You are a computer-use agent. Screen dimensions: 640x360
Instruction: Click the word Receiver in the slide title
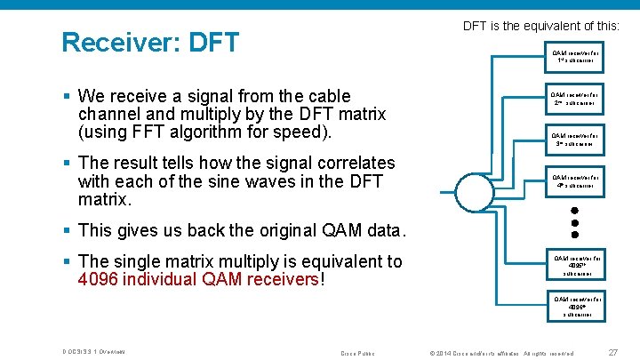coord(120,42)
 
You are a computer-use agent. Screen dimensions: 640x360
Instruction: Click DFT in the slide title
coord(214,42)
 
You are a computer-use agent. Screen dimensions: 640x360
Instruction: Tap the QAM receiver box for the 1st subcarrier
coord(575,57)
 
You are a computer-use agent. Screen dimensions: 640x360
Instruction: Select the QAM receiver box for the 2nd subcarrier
coord(575,98)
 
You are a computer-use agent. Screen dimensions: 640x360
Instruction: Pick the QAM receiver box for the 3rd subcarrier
coord(575,140)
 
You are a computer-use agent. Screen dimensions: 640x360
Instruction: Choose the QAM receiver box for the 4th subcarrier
coord(575,181)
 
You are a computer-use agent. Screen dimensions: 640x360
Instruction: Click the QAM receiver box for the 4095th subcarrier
coord(575,266)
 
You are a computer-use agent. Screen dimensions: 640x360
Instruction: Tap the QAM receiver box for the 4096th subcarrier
coord(575,306)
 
